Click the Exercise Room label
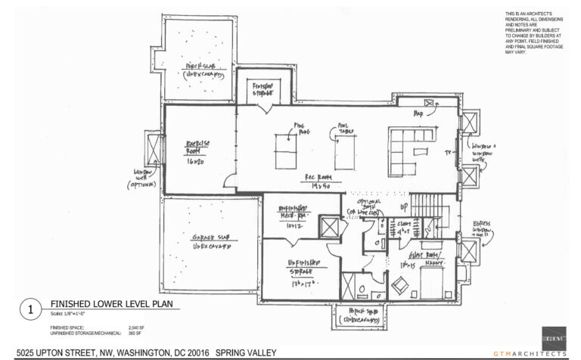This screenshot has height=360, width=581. (198, 151)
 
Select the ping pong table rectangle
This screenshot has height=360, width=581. (286, 151)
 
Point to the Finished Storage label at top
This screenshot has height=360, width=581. (264, 91)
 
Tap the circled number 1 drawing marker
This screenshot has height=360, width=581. (30, 309)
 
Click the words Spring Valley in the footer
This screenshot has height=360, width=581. (247, 353)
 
